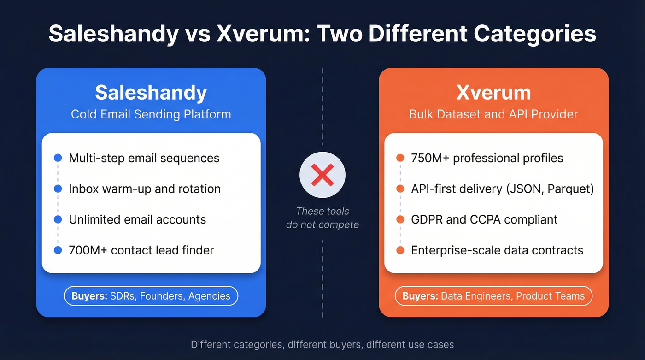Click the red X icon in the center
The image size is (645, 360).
[322, 176]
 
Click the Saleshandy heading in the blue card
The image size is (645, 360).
[151, 93]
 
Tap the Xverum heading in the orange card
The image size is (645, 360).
[493, 93]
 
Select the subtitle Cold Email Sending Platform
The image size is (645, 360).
[151, 114]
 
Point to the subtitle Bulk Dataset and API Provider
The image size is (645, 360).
[493, 114]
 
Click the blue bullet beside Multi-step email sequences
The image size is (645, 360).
[58, 158]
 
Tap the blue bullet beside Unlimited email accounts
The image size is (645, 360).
[58, 219]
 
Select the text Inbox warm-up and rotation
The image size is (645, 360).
[145, 189]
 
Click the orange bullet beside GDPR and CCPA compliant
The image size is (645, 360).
[400, 219]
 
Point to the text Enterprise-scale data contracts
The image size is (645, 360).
[497, 250]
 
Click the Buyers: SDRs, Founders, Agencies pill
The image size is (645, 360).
[151, 296]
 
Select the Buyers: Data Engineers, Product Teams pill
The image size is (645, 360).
[493, 296]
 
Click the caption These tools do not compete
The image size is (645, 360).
[322, 218]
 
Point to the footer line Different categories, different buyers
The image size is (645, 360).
[322, 344]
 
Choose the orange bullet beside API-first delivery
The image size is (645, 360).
[400, 189]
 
